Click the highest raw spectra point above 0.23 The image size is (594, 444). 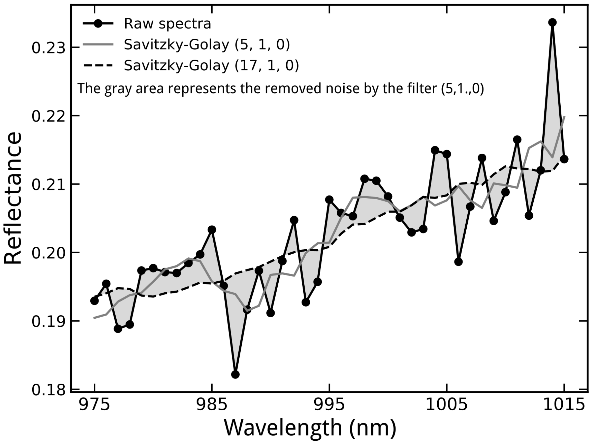point(552,22)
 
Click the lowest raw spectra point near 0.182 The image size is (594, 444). point(235,374)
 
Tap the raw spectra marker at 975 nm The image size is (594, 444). point(95,301)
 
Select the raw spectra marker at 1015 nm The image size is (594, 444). point(564,159)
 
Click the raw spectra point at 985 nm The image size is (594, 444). point(212,230)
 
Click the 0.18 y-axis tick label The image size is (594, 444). point(49,390)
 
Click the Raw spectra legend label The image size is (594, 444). point(167,24)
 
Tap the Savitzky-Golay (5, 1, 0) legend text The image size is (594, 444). point(207,45)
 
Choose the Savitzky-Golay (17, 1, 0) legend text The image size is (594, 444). point(211,65)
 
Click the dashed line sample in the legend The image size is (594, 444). point(99,65)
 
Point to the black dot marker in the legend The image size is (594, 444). point(99,24)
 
